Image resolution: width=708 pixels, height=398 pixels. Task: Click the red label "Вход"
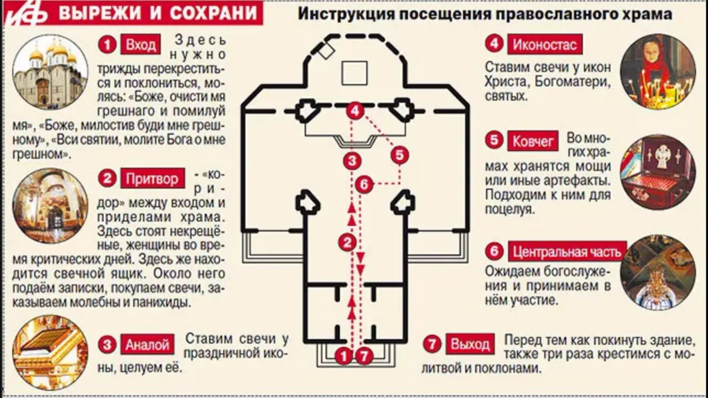point(140,45)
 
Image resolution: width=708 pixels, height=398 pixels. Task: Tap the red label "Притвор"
point(152,179)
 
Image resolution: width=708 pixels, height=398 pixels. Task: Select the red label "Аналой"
point(147,344)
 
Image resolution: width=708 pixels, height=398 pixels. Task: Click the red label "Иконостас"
point(545,44)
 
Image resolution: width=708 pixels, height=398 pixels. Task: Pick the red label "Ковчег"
point(533,141)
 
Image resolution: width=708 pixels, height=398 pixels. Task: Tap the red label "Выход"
point(470,344)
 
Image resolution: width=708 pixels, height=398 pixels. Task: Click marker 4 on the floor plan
point(355,111)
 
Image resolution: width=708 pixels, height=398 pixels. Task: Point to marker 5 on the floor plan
point(400,155)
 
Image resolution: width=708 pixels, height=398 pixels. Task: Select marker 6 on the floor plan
point(364,184)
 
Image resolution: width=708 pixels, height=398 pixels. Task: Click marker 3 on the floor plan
point(352,160)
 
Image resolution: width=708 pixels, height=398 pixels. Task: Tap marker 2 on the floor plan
point(347,243)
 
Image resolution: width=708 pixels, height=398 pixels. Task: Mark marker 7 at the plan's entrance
point(364,356)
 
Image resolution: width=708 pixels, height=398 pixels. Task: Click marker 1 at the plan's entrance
point(343,356)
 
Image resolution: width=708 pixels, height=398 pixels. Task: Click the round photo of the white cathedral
point(50,72)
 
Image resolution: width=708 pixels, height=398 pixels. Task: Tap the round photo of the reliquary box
point(658,172)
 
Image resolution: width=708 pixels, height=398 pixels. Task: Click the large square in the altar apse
point(355,74)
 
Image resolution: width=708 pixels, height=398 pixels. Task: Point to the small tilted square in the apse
point(326,51)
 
